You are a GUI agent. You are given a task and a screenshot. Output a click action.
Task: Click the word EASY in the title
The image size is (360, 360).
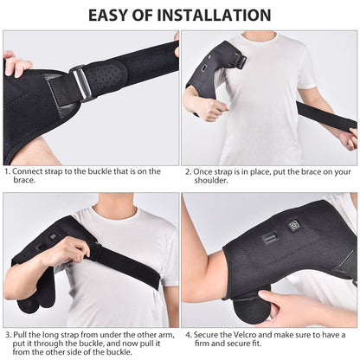tap(116, 15)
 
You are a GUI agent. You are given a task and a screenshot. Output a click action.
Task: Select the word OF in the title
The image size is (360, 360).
tap(158, 15)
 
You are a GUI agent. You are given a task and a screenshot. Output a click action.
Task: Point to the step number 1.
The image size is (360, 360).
tap(7, 171)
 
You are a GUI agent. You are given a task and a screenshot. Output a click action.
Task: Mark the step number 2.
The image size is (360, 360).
tap(187, 171)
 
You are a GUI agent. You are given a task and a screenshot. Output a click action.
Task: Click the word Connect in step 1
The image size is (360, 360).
tap(29, 171)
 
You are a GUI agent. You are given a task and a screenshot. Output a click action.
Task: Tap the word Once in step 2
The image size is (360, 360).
tap(207, 171)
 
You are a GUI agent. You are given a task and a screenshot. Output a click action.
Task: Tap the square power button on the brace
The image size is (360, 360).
tap(294, 226)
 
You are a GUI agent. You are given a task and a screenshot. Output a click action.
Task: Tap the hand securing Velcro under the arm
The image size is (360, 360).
tap(281, 305)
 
